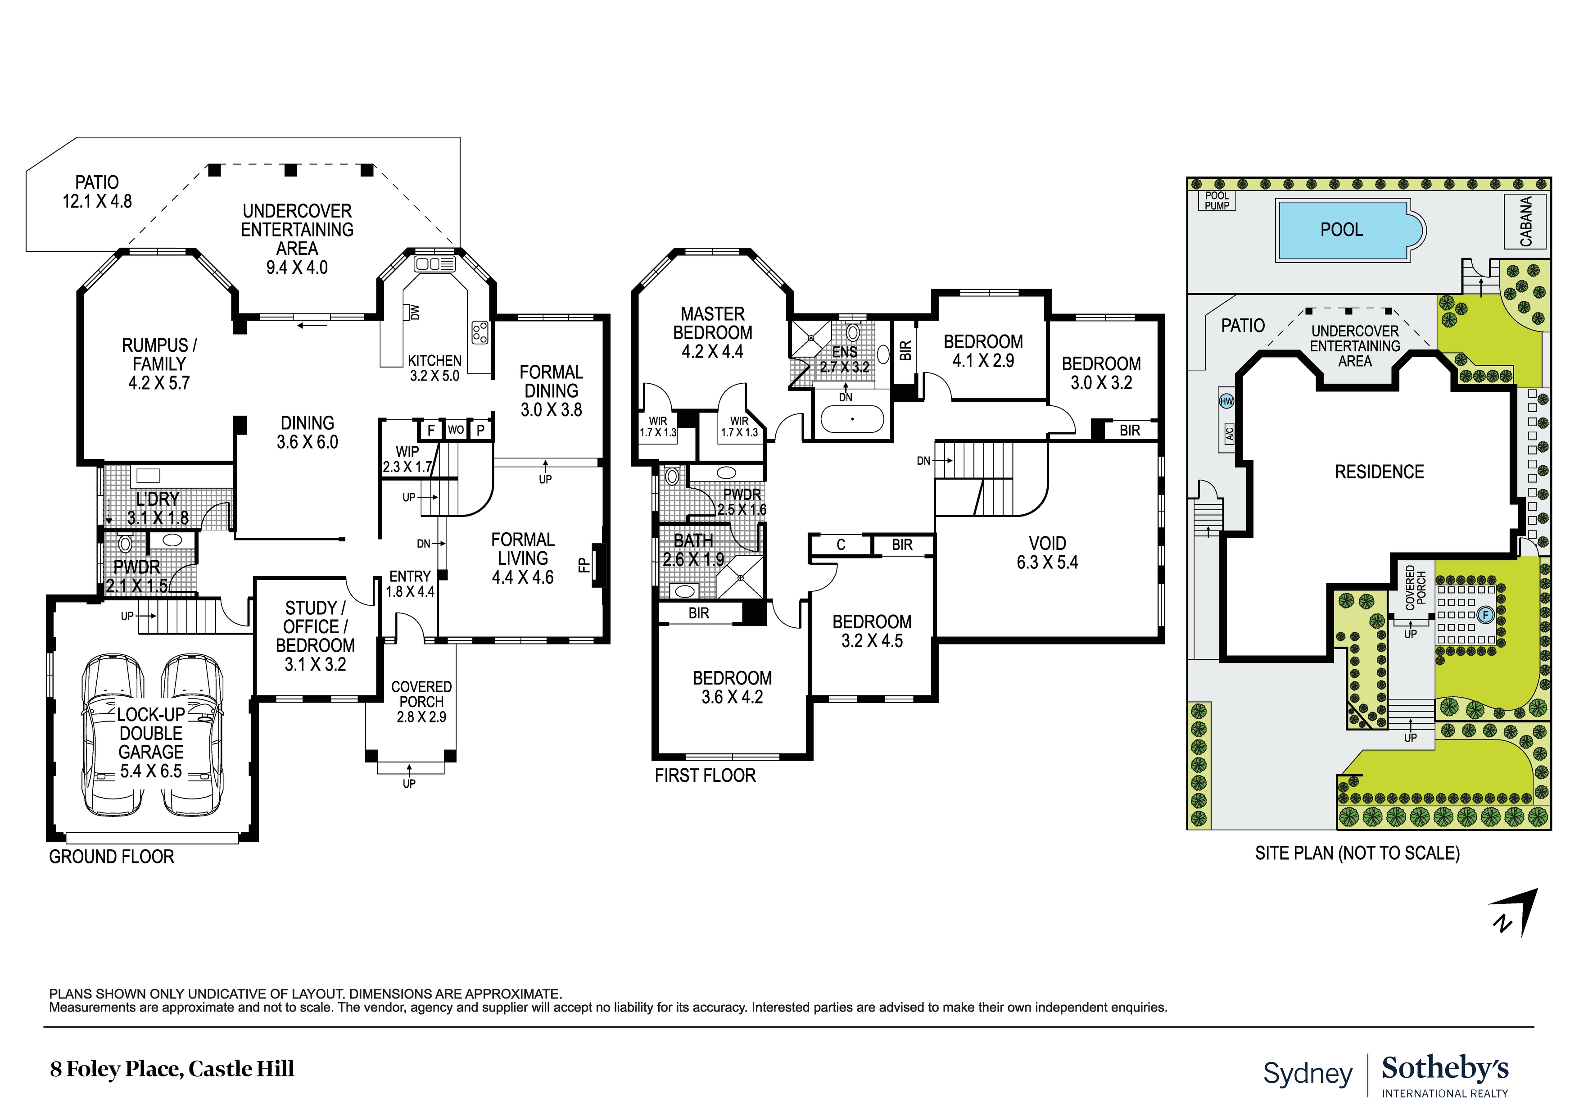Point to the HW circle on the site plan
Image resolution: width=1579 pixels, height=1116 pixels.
point(1226,401)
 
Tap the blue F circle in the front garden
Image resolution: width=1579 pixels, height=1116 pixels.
point(1485,615)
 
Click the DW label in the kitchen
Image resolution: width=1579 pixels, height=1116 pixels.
point(414,313)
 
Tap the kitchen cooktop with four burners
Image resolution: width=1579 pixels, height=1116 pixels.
point(480,332)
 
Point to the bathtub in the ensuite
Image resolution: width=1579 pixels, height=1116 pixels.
point(852,419)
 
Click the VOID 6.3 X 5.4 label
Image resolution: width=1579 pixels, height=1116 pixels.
point(1047,553)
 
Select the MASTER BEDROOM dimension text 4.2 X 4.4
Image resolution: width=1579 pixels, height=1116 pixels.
point(712,352)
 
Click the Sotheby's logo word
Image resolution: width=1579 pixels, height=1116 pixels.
point(1445,1069)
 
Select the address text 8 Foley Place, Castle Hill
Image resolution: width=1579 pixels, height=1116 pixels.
point(172,1069)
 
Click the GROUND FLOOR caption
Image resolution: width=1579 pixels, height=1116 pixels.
point(111,857)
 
